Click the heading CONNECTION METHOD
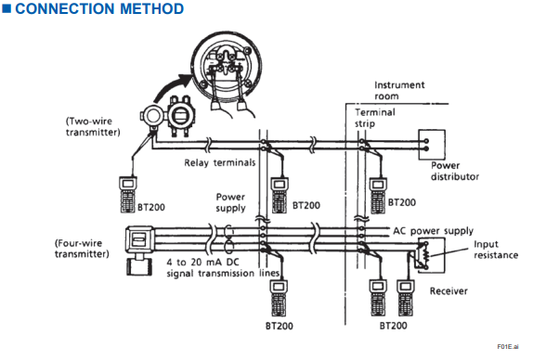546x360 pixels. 99,8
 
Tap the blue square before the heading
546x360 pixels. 6,8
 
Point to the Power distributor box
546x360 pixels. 432,145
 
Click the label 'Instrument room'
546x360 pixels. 399,90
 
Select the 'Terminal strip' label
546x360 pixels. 375,118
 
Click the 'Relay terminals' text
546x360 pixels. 220,162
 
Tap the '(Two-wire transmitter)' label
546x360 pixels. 93,126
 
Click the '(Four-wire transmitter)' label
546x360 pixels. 82,249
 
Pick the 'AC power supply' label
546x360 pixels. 433,231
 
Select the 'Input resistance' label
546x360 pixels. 496,250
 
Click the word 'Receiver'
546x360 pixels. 448,290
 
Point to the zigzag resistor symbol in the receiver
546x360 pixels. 425,256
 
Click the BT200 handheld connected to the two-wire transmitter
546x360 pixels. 128,195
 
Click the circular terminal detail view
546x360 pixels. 227,64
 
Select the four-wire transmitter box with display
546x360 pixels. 139,240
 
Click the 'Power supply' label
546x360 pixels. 230,202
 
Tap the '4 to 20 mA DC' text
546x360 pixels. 202,262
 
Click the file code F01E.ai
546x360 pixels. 508,346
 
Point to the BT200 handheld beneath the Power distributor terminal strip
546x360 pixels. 378,196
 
